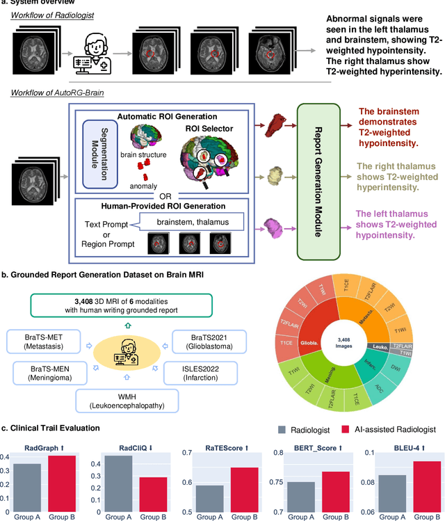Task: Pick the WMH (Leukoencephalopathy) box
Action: (128, 403)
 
